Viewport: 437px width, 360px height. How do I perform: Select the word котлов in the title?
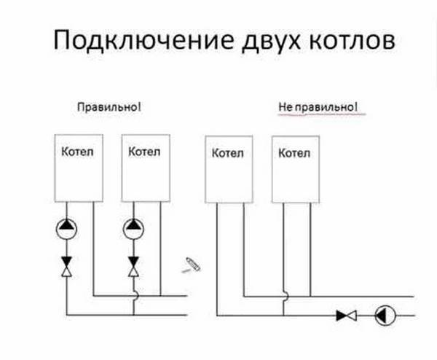click(x=352, y=40)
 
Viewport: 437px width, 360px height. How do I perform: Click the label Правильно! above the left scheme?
click(x=109, y=107)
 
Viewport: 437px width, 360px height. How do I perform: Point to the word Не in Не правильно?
click(x=285, y=107)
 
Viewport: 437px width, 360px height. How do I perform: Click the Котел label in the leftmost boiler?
click(x=77, y=152)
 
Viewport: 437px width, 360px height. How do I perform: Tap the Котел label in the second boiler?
click(x=144, y=152)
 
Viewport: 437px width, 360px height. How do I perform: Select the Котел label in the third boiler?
click(x=228, y=153)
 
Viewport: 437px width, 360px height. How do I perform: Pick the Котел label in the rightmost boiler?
click(x=294, y=153)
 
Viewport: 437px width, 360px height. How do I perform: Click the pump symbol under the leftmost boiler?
click(x=66, y=230)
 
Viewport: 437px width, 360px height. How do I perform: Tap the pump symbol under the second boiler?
click(x=133, y=230)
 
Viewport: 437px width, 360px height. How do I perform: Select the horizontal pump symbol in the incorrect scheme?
click(x=385, y=316)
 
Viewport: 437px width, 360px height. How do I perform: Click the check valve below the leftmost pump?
click(x=66, y=267)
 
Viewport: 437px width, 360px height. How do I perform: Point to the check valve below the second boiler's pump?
click(x=133, y=267)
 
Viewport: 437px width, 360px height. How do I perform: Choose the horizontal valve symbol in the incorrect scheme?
click(x=347, y=316)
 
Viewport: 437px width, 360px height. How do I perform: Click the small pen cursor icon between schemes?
click(x=192, y=265)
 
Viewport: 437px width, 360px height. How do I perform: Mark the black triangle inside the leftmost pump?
click(x=66, y=224)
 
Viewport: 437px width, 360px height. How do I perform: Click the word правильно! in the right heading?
click(x=326, y=107)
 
